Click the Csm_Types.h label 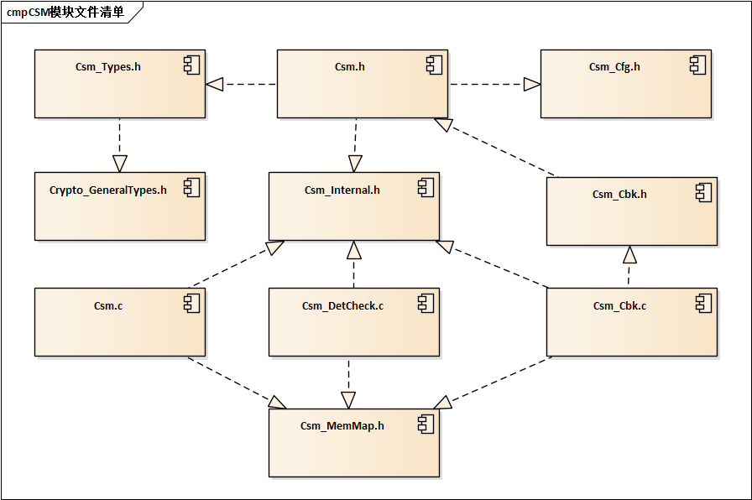point(107,66)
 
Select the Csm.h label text point(349,66)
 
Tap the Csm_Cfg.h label point(614,66)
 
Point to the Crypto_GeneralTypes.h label point(107,190)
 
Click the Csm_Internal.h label point(342,190)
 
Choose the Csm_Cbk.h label point(619,194)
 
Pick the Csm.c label point(107,305)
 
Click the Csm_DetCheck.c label point(342,305)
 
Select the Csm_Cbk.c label point(619,305)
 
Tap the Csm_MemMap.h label point(342,425)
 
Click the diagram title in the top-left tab point(65,12)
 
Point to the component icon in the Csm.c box point(192,304)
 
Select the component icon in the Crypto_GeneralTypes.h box point(192,188)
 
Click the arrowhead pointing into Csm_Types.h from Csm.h point(215,84)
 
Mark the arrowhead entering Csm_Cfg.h point(531,84)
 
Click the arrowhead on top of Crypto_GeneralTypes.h point(120,164)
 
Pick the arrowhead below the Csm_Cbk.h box point(630,254)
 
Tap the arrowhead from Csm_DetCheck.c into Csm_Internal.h point(354,249)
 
